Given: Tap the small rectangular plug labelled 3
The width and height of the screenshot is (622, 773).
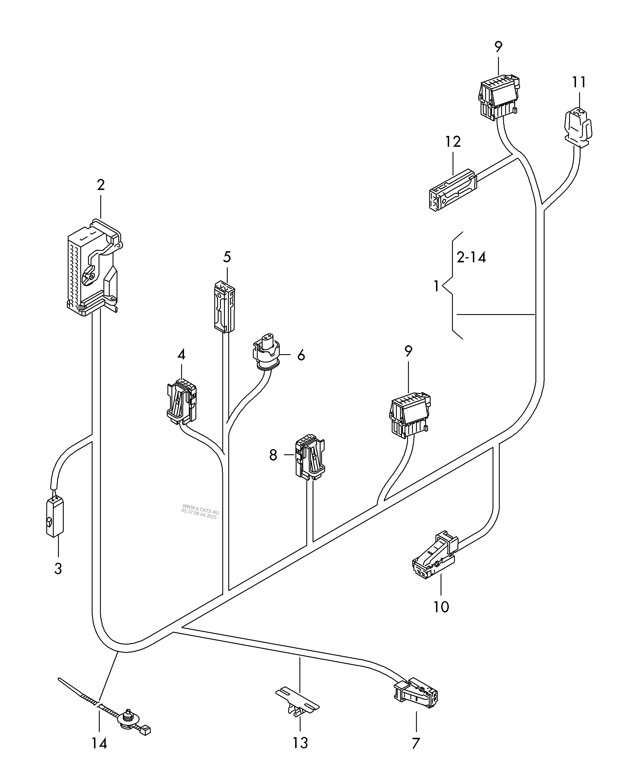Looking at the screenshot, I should [x=55, y=517].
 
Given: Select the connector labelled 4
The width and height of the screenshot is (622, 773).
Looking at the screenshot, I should [x=182, y=401].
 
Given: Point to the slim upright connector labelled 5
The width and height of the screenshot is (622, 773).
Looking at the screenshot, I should [x=224, y=307].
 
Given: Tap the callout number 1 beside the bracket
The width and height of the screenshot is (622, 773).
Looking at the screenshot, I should [x=436, y=287].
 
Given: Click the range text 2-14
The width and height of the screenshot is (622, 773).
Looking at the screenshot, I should [x=471, y=257].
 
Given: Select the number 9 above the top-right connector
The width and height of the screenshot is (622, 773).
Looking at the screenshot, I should [x=498, y=47].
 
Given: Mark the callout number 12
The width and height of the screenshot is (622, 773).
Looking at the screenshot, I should [x=453, y=142].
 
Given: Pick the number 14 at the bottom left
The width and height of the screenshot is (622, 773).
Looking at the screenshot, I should [x=99, y=743].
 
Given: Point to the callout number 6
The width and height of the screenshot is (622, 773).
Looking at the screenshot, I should [x=301, y=355].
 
